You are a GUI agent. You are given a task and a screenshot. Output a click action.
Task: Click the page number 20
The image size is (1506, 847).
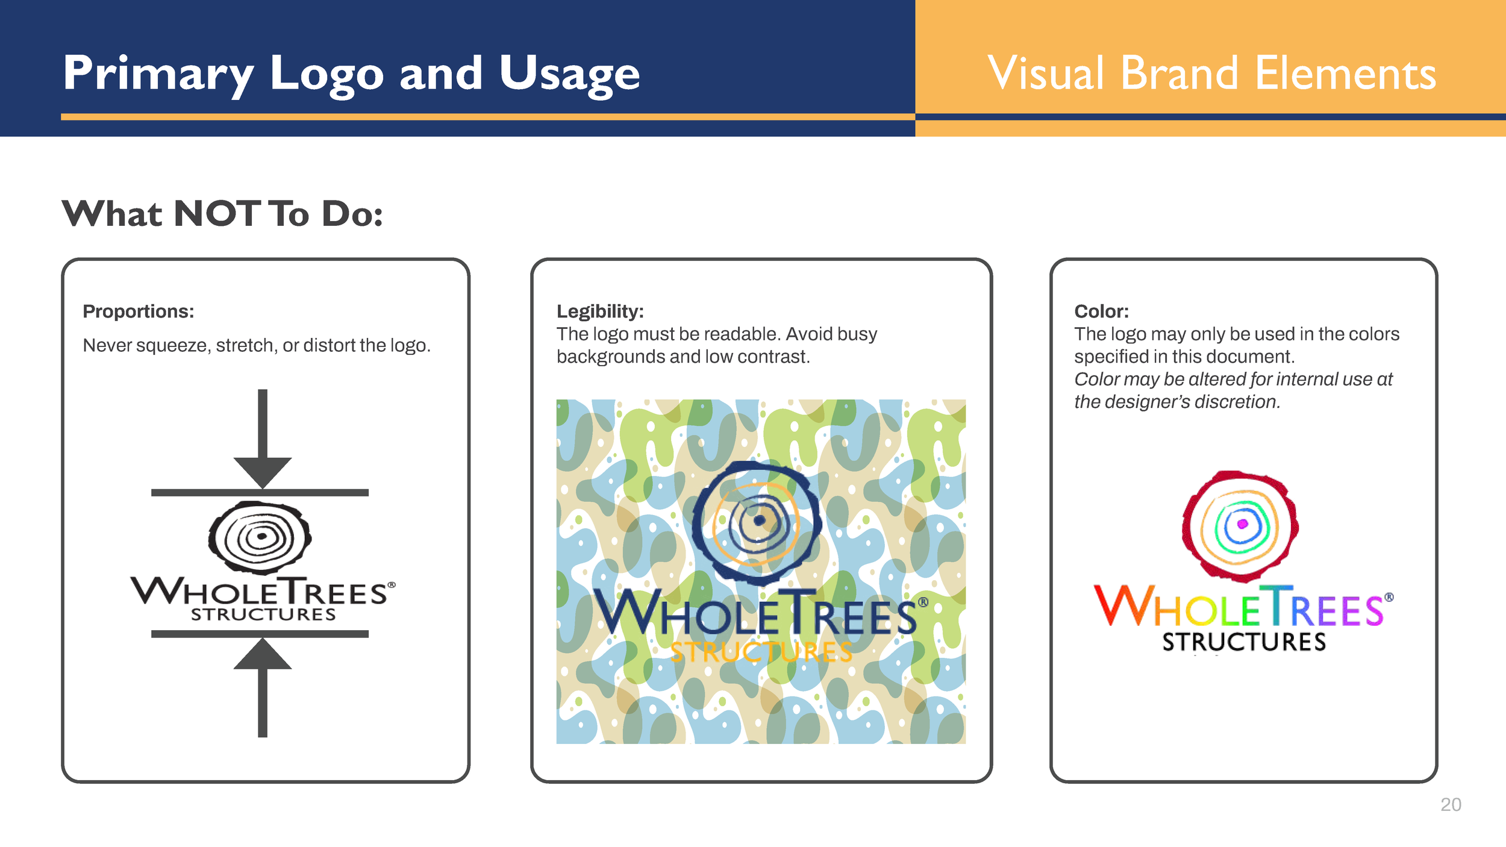[x=1451, y=805]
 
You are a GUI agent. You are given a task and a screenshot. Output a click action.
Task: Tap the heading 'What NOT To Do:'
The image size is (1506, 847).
[x=222, y=214]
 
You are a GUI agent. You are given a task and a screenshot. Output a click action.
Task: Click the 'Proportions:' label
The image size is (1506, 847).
[x=139, y=311]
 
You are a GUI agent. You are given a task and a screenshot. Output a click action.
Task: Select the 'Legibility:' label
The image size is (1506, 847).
[x=600, y=311]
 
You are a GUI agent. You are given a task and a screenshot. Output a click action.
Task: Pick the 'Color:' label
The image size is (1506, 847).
[x=1101, y=311]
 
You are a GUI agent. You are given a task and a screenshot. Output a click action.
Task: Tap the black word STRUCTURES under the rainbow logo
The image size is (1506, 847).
[x=1244, y=642]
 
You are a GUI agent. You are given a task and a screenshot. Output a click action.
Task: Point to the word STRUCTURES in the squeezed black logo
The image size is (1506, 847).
[x=263, y=615]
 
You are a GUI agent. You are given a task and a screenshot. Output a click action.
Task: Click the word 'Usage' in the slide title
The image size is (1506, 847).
[x=569, y=73]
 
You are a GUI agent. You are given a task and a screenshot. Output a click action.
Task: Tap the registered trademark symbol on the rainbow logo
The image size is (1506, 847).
[x=1389, y=598]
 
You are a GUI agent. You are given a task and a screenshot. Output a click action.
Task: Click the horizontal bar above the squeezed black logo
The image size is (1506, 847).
[x=260, y=493]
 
